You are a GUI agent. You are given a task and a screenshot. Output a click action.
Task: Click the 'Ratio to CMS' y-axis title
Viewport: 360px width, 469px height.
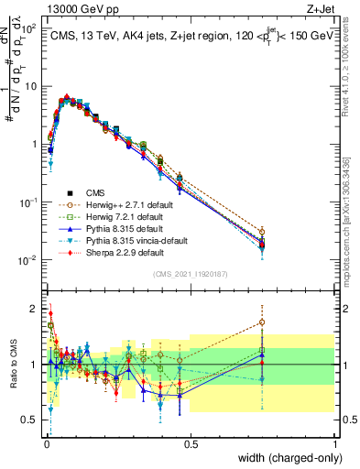coord(12,365)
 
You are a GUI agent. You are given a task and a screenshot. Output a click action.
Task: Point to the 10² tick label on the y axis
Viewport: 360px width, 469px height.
coord(30,28)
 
